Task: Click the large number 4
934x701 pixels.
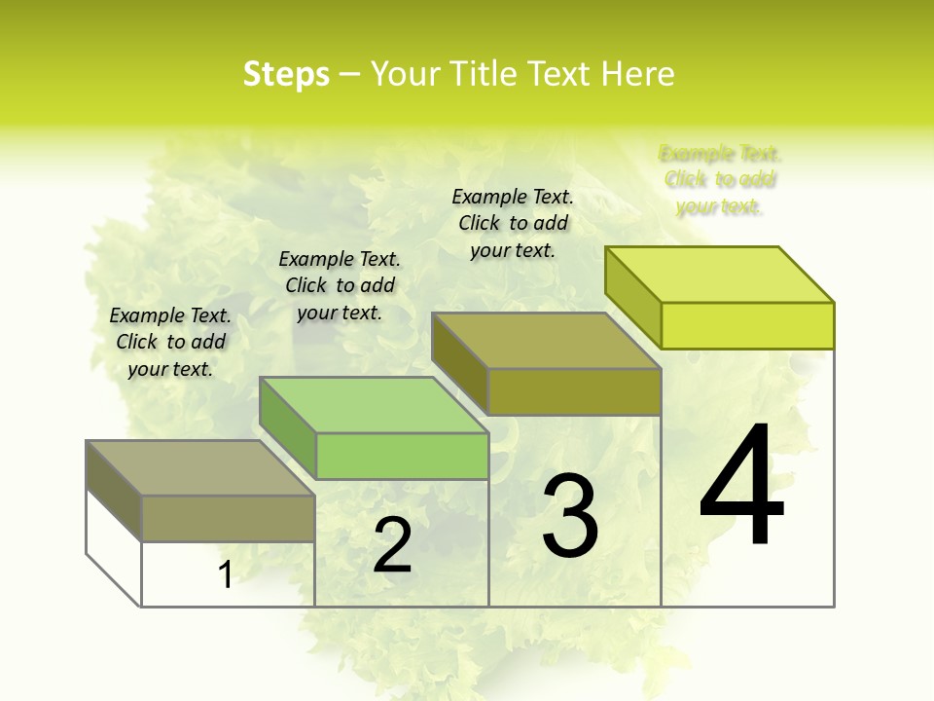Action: pos(742,486)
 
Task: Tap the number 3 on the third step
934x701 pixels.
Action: pos(570,515)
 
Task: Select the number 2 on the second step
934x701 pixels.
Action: pos(392,545)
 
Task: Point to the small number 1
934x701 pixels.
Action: pos(225,575)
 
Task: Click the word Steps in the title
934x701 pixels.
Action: pos(286,74)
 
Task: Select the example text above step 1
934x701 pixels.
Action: pos(170,342)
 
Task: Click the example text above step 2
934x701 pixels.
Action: pos(340,285)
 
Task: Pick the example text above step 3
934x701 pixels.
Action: pos(513,223)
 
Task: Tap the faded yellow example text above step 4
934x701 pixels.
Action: pos(720,180)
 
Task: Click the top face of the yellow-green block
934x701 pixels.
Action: pos(720,274)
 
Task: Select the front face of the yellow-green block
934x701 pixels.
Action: pos(747,325)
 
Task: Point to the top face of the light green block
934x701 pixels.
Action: pos(374,404)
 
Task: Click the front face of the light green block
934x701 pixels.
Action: pos(402,456)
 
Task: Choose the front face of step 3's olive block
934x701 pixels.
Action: pos(574,391)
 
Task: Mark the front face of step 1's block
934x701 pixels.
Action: pos(228,518)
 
